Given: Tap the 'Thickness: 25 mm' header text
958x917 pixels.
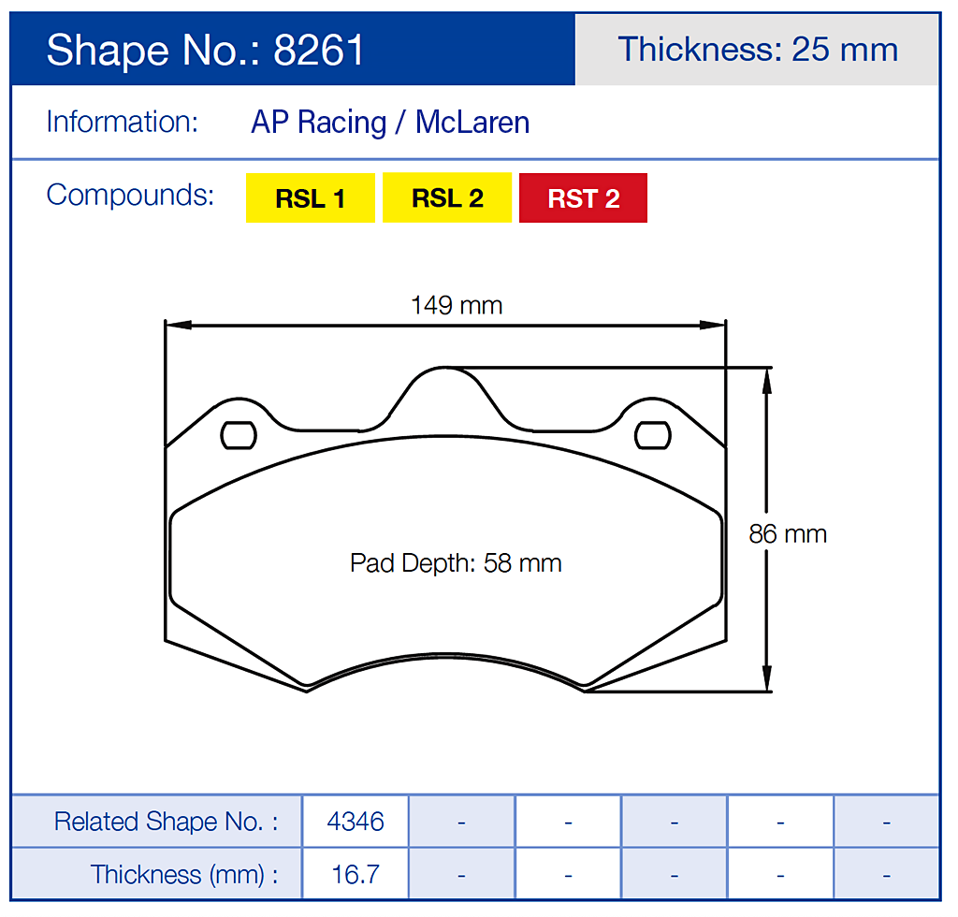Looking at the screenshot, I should coord(758,50).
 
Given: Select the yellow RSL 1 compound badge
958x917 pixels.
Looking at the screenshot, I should coord(310,198).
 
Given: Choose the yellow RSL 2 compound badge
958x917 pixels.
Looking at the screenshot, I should coord(447,198).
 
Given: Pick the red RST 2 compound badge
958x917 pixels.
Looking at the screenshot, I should coord(583,198).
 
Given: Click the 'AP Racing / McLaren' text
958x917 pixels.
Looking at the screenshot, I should coord(390,123).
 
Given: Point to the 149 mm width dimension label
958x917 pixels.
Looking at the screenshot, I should coord(457,305).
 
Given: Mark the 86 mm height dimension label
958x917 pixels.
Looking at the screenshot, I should coord(788,533).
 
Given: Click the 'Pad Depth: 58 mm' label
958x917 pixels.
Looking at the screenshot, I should coord(456,563).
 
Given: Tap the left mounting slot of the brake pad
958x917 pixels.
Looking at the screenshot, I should coord(239,435).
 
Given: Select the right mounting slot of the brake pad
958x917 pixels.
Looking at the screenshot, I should coord(653,435).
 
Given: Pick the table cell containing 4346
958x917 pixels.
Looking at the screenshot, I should coord(356,822).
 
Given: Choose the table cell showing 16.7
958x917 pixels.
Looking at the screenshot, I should coord(356,875).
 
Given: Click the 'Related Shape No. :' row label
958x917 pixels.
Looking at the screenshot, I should coord(166,822).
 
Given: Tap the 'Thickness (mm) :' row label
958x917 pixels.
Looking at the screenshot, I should coord(184,875).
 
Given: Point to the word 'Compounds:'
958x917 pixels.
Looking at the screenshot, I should coord(130,195).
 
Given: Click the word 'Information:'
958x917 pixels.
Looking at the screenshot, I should coord(122,122).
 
